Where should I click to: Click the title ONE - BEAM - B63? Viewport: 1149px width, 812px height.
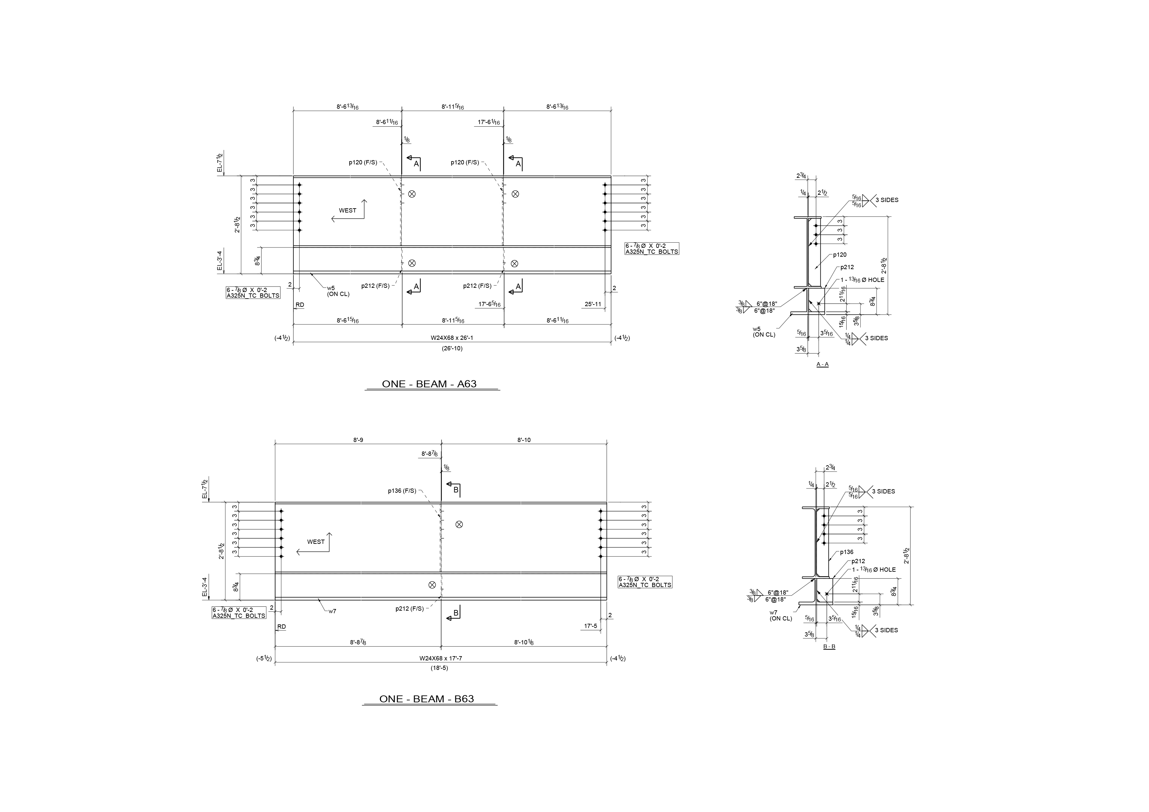coord(426,699)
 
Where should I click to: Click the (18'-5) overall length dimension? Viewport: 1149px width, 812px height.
coord(439,668)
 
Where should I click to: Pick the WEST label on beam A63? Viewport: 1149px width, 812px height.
coord(347,211)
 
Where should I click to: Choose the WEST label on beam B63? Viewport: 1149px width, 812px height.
coord(316,542)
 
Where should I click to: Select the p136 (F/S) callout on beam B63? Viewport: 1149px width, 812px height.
coord(402,491)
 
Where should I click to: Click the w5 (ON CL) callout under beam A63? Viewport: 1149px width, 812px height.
coord(338,291)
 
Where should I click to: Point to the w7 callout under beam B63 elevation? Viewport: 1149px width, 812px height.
coord(332,611)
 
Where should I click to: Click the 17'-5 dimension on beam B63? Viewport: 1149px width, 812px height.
coord(591,626)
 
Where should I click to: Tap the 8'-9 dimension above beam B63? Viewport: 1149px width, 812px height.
coord(358,440)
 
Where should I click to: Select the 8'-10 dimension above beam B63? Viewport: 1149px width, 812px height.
coord(524,440)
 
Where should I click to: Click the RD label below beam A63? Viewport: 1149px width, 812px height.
coord(300,305)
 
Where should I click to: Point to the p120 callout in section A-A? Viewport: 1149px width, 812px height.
coord(840,255)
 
